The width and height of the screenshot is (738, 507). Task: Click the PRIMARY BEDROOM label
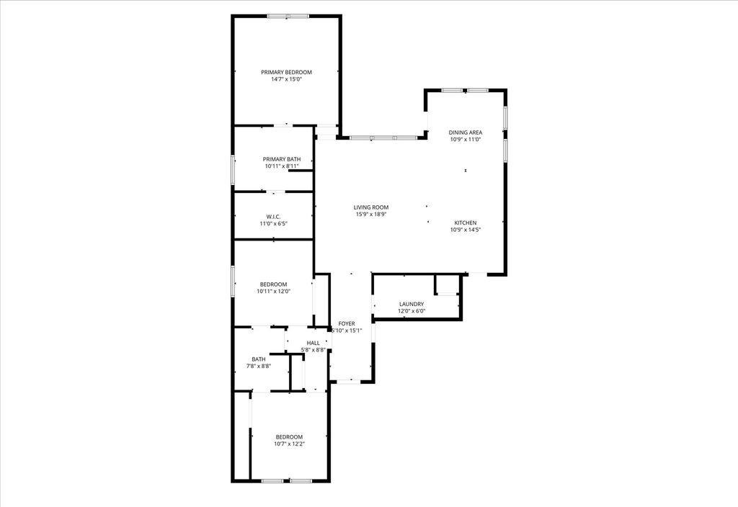286,73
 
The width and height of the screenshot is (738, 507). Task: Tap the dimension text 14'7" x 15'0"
286,79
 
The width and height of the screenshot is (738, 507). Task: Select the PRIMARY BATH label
282,159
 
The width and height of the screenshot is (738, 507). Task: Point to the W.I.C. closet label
273,217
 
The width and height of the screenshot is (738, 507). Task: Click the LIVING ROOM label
371,207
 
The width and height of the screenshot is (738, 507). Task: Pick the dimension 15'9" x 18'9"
371,215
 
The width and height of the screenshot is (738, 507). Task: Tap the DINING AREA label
466,133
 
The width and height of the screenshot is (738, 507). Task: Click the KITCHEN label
466,223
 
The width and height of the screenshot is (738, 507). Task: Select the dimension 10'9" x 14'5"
466,230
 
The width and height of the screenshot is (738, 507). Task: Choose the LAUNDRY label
412,305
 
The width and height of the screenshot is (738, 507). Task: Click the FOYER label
347,323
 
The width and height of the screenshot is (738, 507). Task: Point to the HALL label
313,344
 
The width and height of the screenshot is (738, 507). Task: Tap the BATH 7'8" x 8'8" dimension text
259,366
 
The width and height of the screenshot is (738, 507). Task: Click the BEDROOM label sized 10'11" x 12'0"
273,284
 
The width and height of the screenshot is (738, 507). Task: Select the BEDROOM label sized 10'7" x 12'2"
290,437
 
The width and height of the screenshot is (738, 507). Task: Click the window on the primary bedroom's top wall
288,16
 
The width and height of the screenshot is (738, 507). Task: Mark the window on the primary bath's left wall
233,169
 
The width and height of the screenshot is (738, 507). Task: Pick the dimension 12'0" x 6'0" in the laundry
412,311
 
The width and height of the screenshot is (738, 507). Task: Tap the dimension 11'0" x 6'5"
273,223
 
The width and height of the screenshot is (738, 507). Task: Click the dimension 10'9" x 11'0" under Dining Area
466,139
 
